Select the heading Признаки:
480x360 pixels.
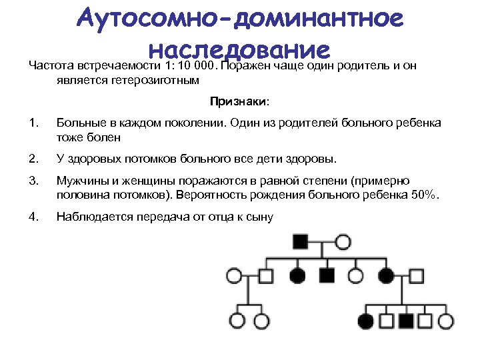pos(240,102)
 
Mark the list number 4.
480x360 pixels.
pos(34,216)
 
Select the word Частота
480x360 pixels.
pos(50,67)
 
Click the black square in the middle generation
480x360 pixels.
pos(327,275)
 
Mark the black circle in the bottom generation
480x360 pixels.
pos(366,320)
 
